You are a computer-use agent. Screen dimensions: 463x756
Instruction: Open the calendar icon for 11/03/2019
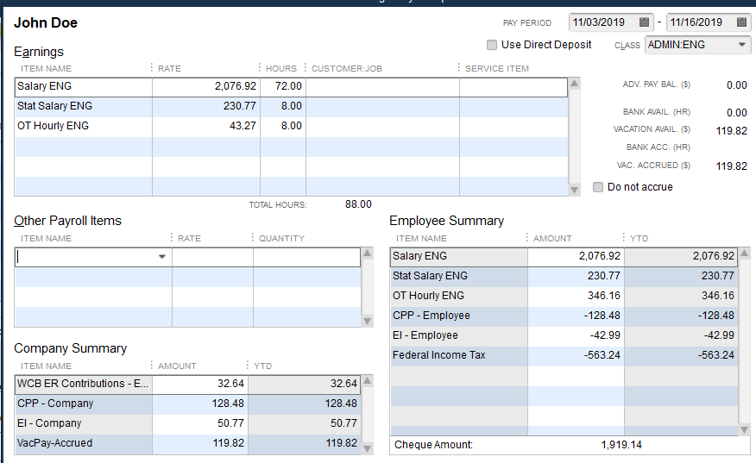tap(644, 22)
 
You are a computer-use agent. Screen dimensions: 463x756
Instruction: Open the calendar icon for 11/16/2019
tap(741, 22)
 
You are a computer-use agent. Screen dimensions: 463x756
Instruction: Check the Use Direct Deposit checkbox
tap(492, 45)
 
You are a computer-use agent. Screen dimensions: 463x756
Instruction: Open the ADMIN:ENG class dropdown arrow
tap(742, 45)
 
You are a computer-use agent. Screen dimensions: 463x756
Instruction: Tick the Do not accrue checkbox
tap(599, 187)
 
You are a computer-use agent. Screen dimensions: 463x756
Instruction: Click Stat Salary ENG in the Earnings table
tap(54, 106)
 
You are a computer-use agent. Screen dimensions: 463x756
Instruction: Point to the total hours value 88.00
tap(358, 204)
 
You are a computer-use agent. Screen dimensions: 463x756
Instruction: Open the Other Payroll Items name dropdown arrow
tap(162, 257)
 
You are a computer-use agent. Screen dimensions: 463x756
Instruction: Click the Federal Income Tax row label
tap(438, 355)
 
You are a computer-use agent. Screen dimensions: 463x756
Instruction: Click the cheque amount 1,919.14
tap(621, 445)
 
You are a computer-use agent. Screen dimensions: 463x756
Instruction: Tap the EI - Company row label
tap(49, 423)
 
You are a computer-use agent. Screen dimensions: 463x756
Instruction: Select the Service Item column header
tap(497, 68)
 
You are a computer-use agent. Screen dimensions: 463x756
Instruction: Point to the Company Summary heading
tap(71, 348)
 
